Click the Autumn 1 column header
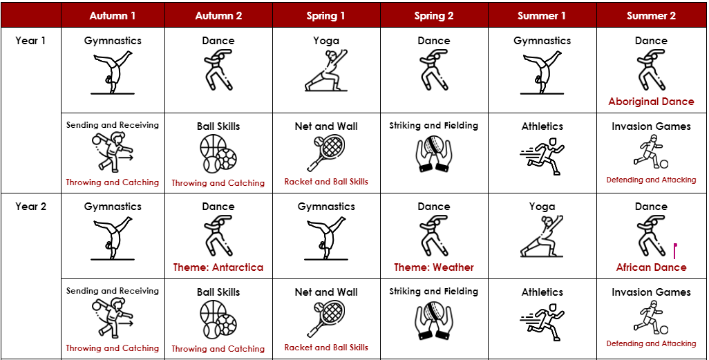[113, 16]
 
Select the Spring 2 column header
[434, 16]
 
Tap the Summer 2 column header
[651, 16]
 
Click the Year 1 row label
[30, 41]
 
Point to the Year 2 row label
[30, 207]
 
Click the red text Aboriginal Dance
[651, 102]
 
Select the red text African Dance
[651, 267]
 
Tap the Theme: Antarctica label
[218, 267]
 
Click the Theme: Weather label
[434, 267]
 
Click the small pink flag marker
[675, 251]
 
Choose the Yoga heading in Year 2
[542, 207]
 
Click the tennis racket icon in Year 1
[326, 153]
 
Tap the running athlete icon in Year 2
[542, 322]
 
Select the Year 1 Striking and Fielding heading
[434, 126]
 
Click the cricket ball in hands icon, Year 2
[434, 321]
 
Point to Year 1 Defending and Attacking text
[651, 180]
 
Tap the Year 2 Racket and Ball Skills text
[326, 348]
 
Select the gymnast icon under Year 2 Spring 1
[326, 238]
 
